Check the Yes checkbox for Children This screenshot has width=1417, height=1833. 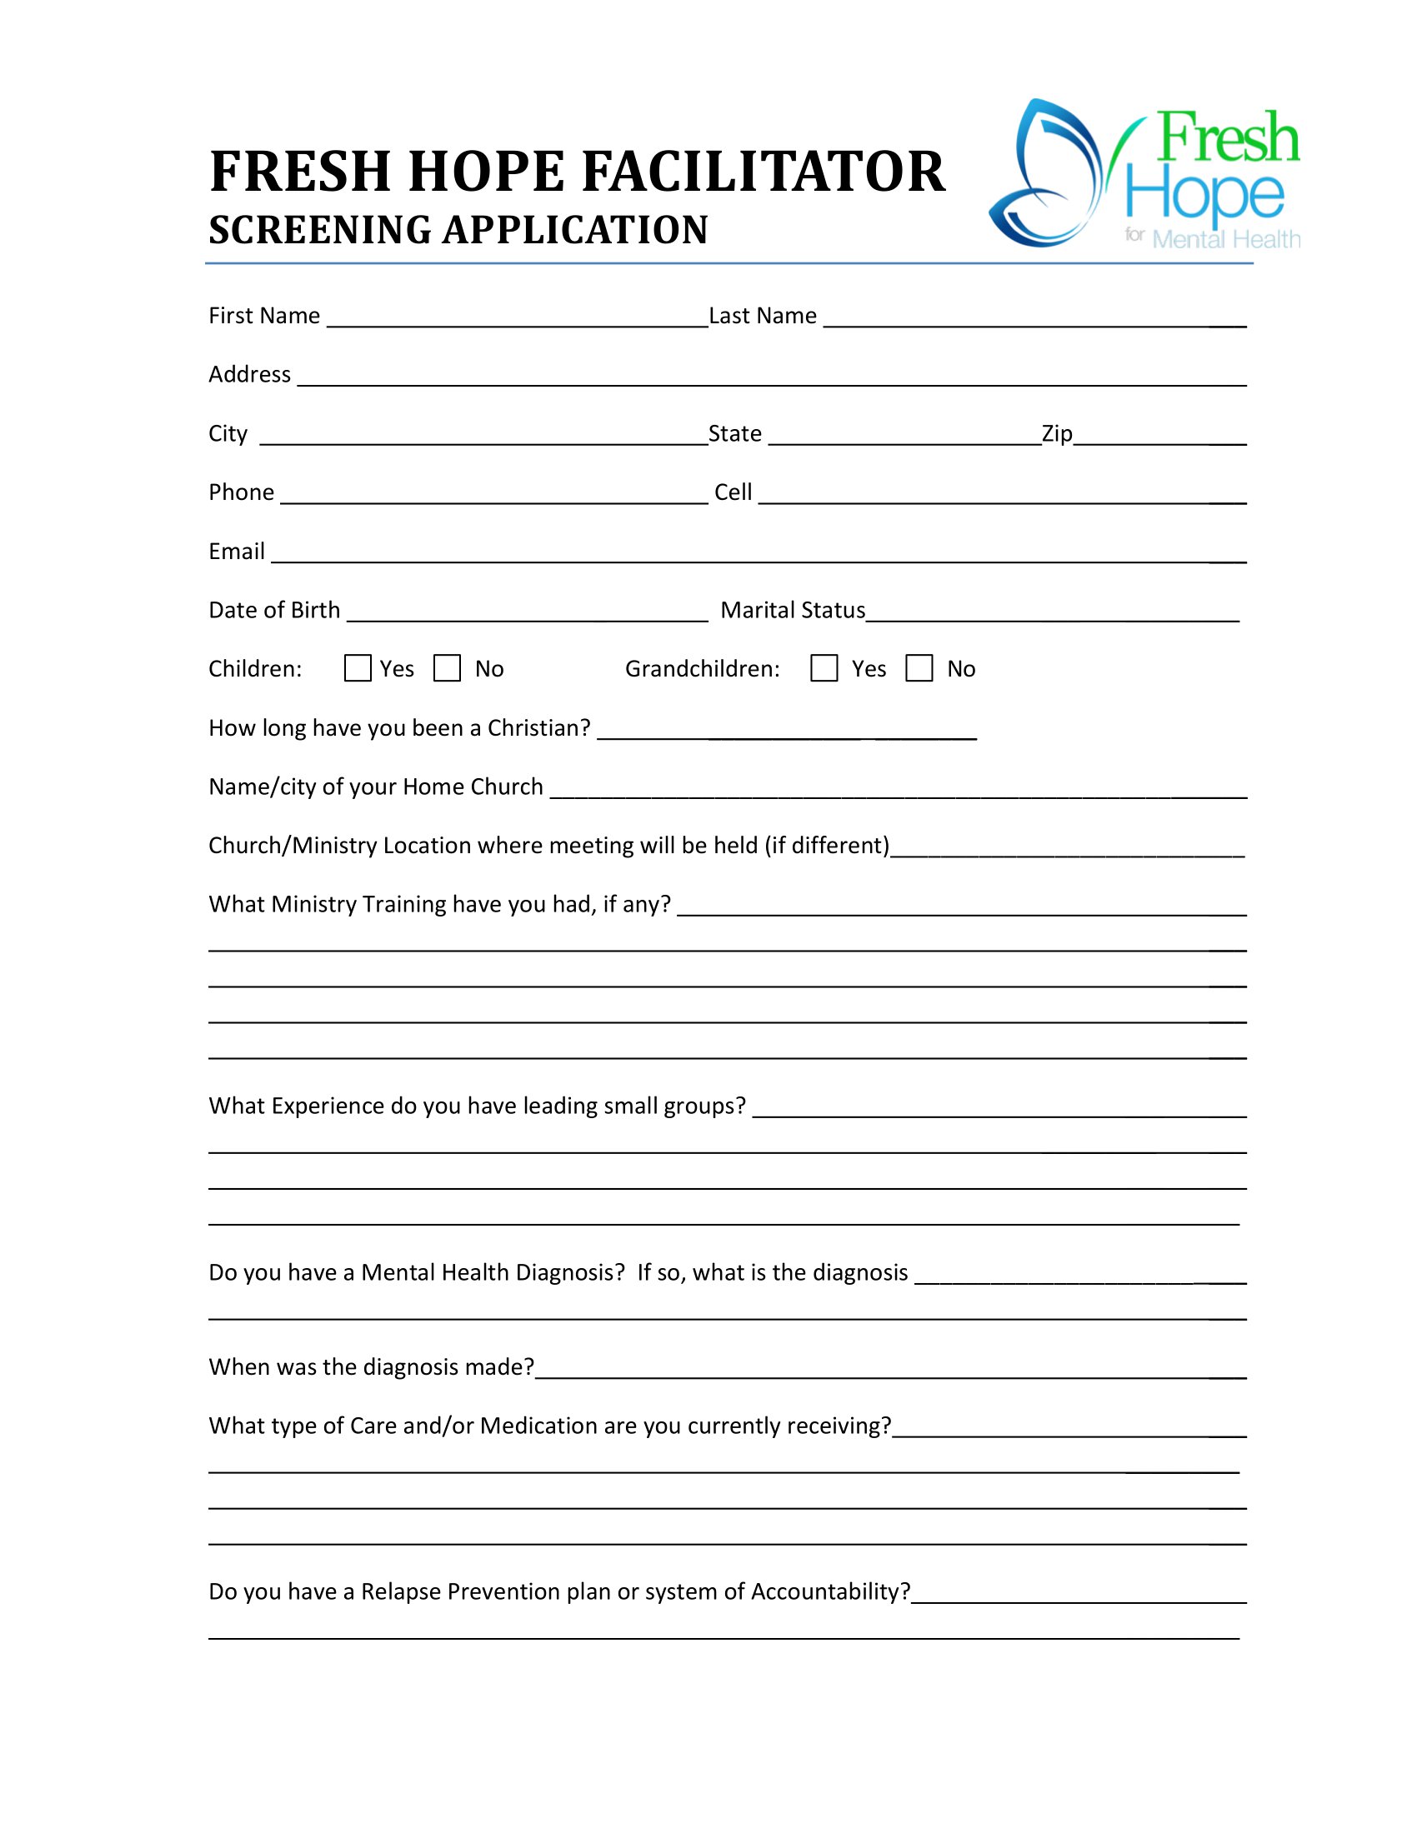[x=358, y=668]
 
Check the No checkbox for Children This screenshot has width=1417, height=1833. [x=447, y=668]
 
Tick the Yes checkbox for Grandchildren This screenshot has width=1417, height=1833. [x=824, y=668]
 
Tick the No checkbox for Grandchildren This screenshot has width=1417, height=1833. [x=919, y=668]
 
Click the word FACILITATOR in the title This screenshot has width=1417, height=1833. [x=762, y=172]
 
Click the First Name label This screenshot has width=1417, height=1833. [x=264, y=316]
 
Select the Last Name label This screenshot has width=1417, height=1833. [x=762, y=316]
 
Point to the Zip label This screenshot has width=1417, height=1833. [x=1057, y=433]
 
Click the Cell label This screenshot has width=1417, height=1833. [x=733, y=492]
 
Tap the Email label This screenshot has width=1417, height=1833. [x=237, y=552]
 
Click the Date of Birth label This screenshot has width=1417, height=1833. [x=274, y=610]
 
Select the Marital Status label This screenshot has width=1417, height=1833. [x=793, y=610]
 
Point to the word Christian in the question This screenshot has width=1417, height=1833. [x=539, y=727]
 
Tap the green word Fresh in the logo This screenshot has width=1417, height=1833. [x=1228, y=137]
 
